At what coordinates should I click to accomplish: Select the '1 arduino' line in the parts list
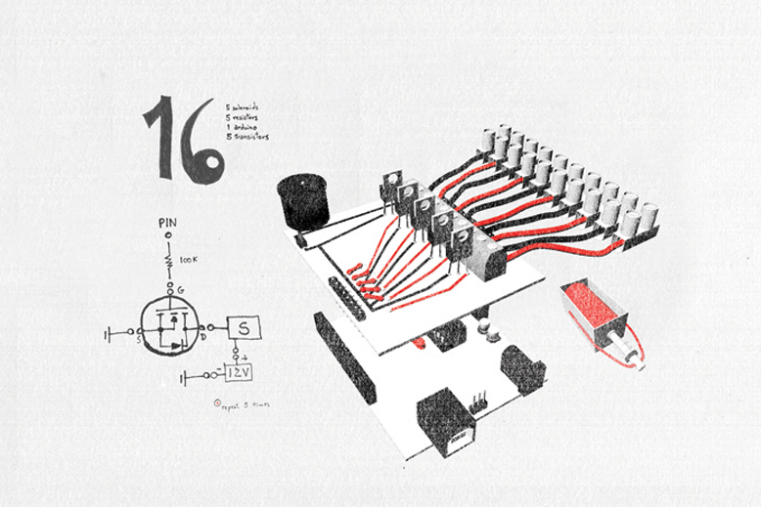tap(241, 128)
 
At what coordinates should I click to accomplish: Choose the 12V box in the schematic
tap(239, 373)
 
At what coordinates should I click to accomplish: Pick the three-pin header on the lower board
tap(479, 402)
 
